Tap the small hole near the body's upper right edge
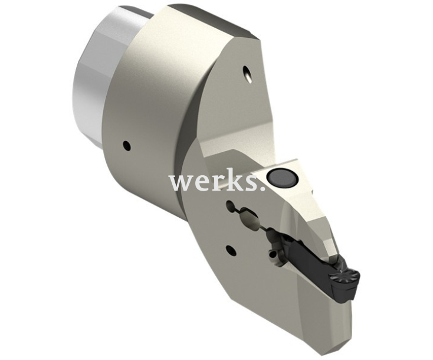click(246, 73)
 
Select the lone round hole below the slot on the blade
click(231, 250)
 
